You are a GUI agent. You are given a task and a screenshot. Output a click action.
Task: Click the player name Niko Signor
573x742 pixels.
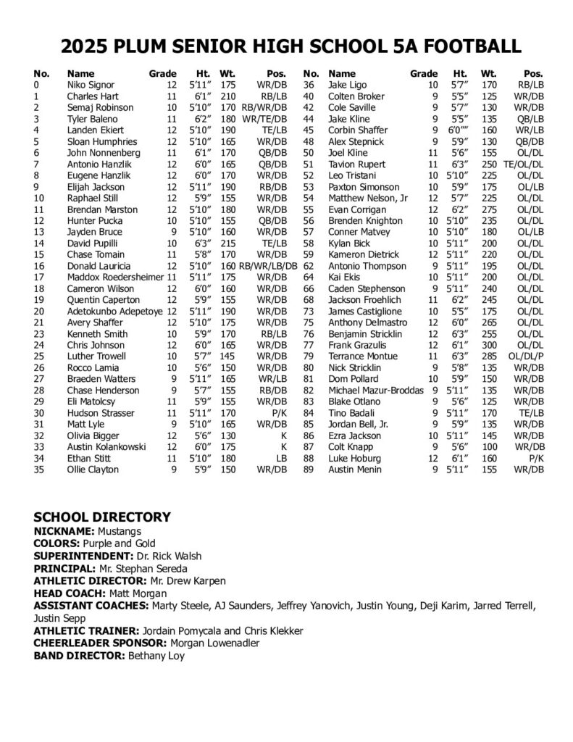click(91, 85)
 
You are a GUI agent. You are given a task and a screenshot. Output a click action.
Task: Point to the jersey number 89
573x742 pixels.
click(308, 470)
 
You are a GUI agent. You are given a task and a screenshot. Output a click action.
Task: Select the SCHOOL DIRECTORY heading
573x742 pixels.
click(102, 517)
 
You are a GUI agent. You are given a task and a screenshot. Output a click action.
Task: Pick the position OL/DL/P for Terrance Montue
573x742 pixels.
click(525, 357)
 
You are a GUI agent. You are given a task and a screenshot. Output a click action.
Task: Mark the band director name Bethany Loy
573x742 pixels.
click(156, 656)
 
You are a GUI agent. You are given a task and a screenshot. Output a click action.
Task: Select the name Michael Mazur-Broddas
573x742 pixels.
click(376, 390)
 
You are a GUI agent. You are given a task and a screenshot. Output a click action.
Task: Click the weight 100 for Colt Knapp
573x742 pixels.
click(489, 447)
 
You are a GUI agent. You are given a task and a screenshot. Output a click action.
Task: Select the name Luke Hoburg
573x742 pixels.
click(355, 458)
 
